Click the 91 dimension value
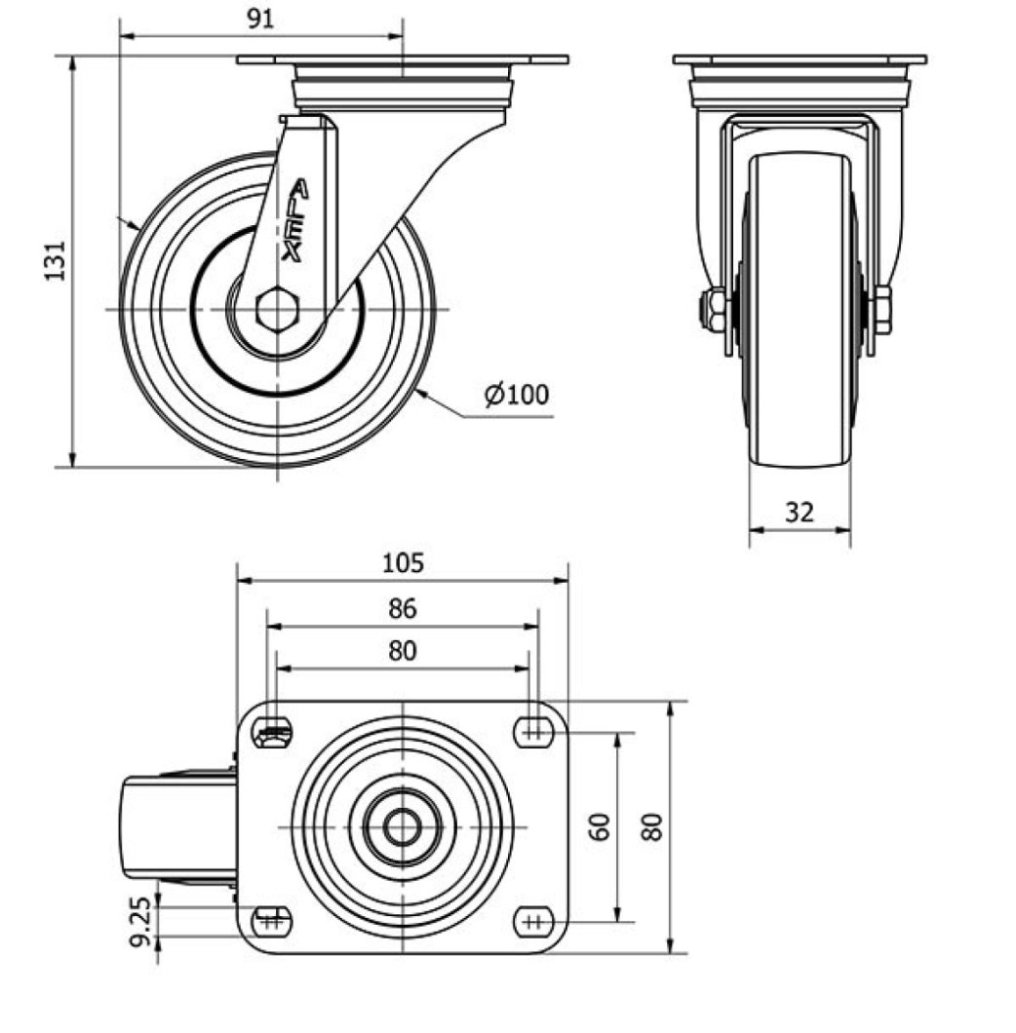[x=259, y=19]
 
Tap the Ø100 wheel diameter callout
[x=517, y=394]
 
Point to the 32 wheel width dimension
[x=800, y=512]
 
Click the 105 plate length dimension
[x=403, y=562]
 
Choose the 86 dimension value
[x=402, y=609]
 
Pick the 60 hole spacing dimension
[x=602, y=826]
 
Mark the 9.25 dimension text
[x=142, y=922]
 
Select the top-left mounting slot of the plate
[x=272, y=732]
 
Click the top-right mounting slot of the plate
[x=531, y=730]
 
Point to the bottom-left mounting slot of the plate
[x=272, y=919]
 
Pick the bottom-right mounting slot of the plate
[x=531, y=919]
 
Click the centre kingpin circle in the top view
[x=402, y=826]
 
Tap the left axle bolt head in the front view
[x=713, y=310]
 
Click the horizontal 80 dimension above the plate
[x=402, y=651]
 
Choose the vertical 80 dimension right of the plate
[x=654, y=826]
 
